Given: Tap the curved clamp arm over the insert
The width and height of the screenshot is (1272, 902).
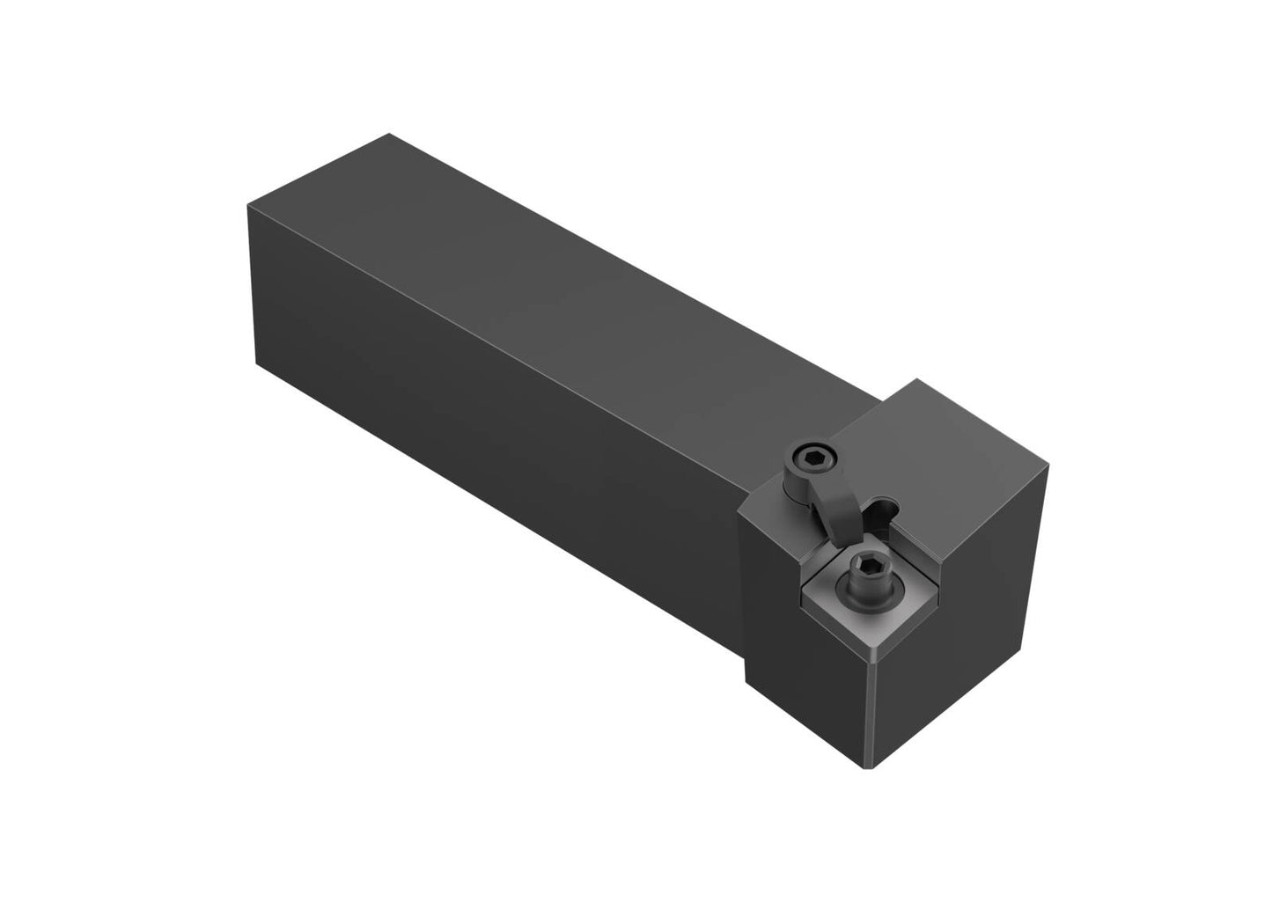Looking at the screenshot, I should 833,510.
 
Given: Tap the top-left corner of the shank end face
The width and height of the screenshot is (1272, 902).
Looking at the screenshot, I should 247,205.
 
